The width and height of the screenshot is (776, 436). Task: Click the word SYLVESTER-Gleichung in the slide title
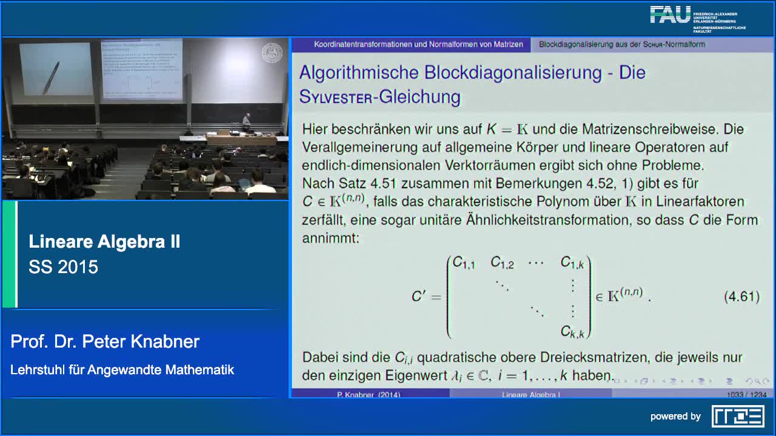coord(380,97)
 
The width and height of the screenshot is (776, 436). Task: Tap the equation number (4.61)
coord(741,297)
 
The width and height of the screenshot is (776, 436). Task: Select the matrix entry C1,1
coord(464,263)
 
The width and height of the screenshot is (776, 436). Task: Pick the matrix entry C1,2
coord(502,263)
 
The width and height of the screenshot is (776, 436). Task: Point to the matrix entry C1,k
coord(572,263)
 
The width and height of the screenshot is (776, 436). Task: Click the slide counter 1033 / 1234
coord(746,395)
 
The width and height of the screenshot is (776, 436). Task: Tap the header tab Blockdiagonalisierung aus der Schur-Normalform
coord(621,44)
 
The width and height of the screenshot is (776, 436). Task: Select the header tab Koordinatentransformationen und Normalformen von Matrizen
coord(418,44)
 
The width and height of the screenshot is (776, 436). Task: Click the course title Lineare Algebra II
coord(104,242)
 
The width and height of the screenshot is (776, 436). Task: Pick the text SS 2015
coord(63,267)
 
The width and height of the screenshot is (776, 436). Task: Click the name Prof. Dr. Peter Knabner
coord(105,342)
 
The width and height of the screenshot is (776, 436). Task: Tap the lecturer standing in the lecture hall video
coord(246,122)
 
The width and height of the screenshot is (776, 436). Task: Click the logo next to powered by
coord(737,416)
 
